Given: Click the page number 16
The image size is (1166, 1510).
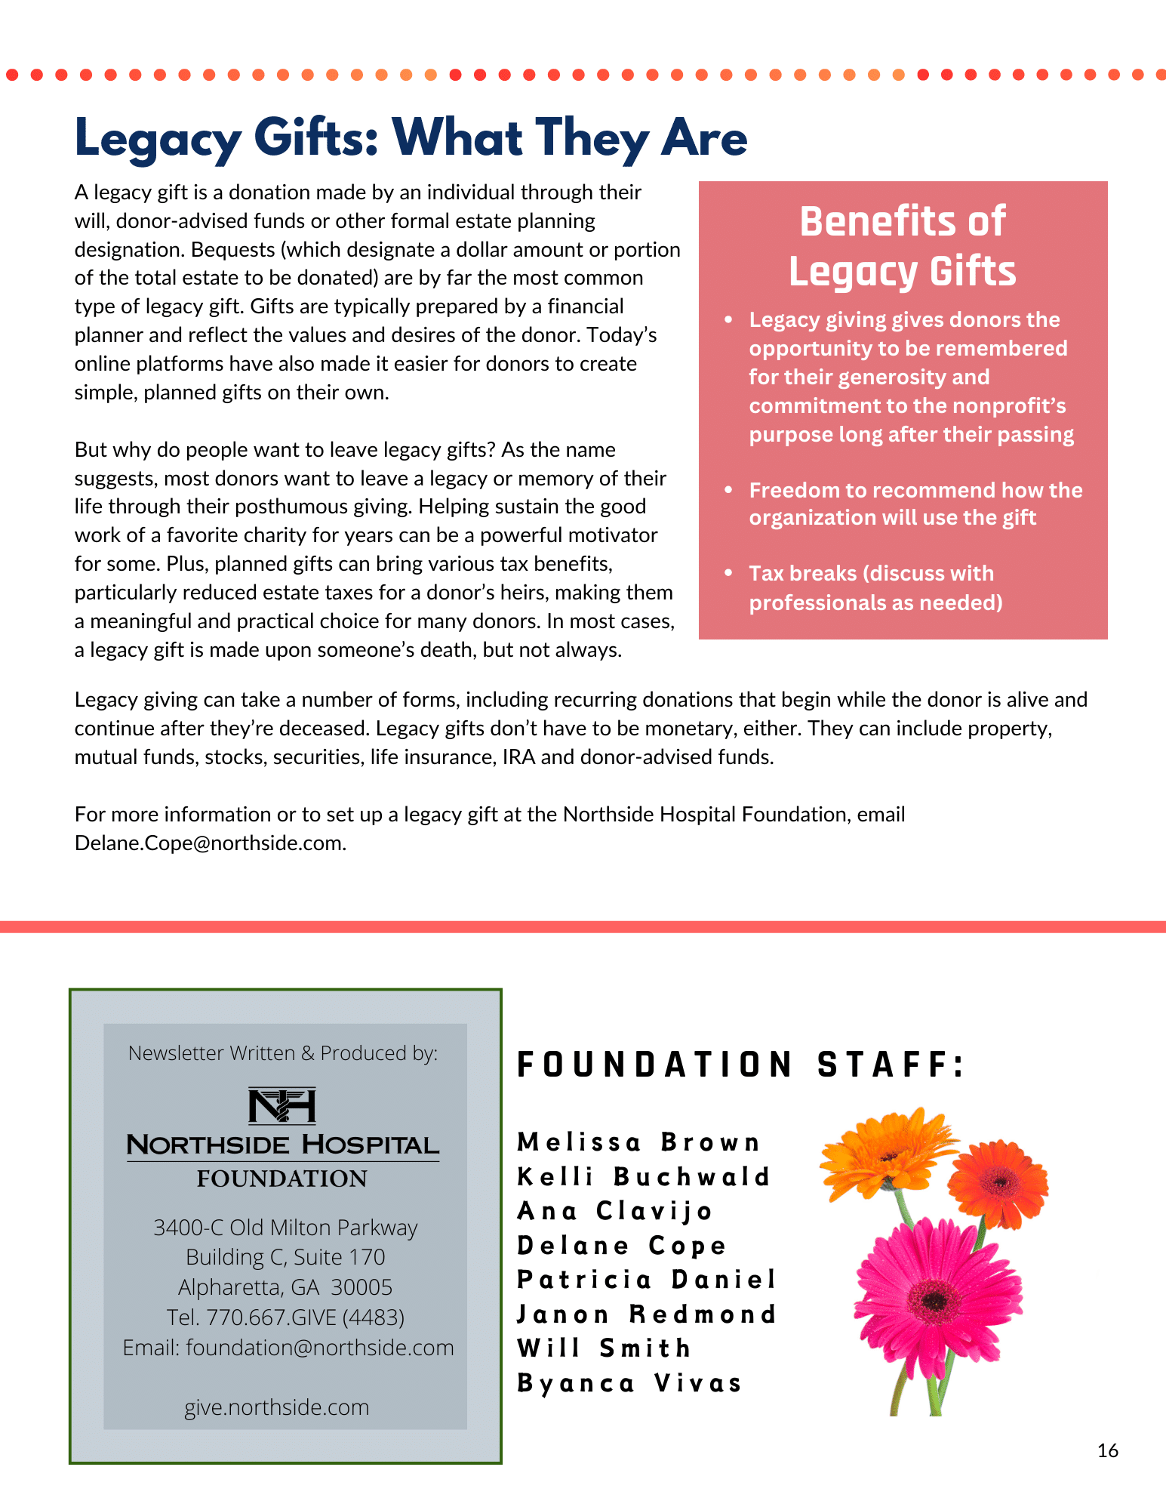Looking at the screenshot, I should pyautogui.click(x=1107, y=1450).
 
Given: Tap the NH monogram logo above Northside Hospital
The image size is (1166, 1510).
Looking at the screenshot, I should pyautogui.click(x=282, y=1106).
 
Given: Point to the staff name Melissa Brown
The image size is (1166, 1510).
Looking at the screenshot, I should pyautogui.click(x=638, y=1142).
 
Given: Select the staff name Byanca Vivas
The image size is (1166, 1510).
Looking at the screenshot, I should pyautogui.click(x=629, y=1383).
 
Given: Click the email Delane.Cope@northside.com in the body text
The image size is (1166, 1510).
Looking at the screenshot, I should pyautogui.click(x=210, y=843).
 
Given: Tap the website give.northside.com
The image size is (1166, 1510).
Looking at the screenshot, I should pyautogui.click(x=277, y=1407).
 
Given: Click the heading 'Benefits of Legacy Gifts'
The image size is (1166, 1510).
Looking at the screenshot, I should pyautogui.click(x=903, y=246).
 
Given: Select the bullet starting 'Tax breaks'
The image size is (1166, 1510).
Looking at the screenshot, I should pyautogui.click(x=875, y=587).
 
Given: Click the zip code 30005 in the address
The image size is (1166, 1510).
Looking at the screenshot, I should pyautogui.click(x=361, y=1287).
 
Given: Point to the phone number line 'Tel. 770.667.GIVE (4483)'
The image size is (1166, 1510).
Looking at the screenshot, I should pyautogui.click(x=285, y=1317).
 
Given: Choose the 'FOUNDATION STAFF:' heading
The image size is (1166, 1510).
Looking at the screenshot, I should pyautogui.click(x=740, y=1065).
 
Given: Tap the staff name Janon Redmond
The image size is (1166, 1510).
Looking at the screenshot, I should pyautogui.click(x=646, y=1314).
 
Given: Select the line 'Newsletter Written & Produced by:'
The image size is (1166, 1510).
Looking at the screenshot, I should pyautogui.click(x=283, y=1052).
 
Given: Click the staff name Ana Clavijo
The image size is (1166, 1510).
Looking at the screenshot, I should pyautogui.click(x=614, y=1211).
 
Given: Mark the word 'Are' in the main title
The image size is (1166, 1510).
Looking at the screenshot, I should pyautogui.click(x=704, y=138).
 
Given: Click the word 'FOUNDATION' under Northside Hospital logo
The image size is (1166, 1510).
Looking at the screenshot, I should pyautogui.click(x=282, y=1179).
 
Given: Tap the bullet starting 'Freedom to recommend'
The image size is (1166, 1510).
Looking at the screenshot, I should pyautogui.click(x=915, y=504).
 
